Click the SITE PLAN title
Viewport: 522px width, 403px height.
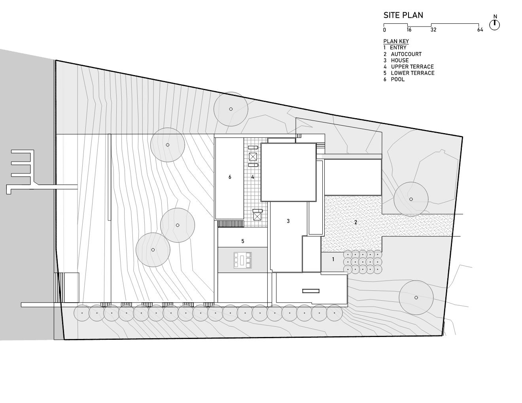[x=403, y=15]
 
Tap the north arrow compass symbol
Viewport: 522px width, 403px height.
[x=494, y=25]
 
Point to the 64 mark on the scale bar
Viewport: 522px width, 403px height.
[x=480, y=30]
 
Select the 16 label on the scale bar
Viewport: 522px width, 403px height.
[x=409, y=30]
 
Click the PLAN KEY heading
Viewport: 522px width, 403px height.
[x=396, y=41]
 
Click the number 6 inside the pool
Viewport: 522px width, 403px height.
[x=230, y=177]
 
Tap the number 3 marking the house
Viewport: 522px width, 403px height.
[x=288, y=221]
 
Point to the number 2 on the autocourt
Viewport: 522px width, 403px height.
[x=356, y=222]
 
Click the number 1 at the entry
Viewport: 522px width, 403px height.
[x=333, y=259]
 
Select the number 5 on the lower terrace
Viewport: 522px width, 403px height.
[x=243, y=241]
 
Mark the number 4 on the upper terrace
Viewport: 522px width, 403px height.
[x=253, y=177]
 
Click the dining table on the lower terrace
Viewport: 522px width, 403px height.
[x=243, y=260]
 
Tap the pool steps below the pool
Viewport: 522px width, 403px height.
[x=231, y=224]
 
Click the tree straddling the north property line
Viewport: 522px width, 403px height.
[x=231, y=109]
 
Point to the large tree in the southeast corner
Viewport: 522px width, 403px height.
[x=416, y=298]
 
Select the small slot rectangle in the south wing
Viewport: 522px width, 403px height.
[x=311, y=291]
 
